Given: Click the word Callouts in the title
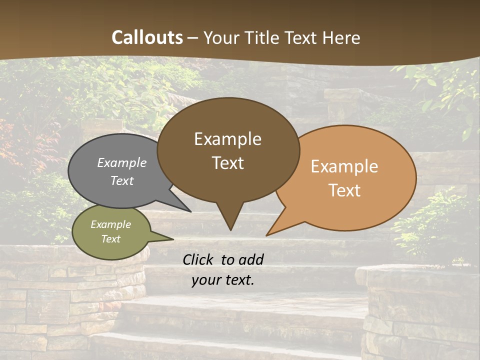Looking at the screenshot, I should point(147,37).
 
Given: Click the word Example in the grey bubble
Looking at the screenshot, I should point(122,162).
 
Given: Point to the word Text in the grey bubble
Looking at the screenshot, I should point(122,180).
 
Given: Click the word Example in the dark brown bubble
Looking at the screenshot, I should point(227,139).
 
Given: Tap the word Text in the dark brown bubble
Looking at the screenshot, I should point(227,163).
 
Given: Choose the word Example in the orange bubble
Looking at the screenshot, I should point(344,166).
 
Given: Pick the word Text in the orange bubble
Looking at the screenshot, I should point(344,190).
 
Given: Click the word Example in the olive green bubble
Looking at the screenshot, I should point(110,224).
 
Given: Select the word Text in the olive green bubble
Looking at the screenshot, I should point(110,239).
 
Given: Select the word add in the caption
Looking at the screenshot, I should point(251,259).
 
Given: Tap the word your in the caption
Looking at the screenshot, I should point(206,280).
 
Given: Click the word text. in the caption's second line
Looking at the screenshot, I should point(239,280).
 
